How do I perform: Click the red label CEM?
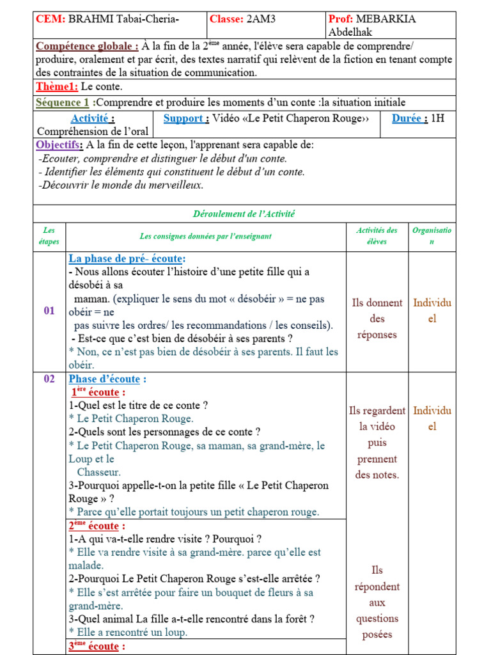[51, 19]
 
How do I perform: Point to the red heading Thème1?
[57, 87]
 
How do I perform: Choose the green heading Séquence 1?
[63, 102]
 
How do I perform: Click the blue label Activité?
[93, 118]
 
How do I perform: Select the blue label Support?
[186, 118]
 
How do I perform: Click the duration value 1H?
[437, 118]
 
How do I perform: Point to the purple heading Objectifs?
[59, 145]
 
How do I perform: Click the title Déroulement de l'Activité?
[244, 214]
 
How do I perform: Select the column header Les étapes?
[49, 236]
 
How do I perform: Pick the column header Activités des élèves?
[377, 236]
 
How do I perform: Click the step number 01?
[49, 311]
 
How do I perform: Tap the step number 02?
[49, 379]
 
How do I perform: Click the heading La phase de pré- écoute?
[127, 258]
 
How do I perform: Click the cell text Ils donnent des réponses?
[377, 319]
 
